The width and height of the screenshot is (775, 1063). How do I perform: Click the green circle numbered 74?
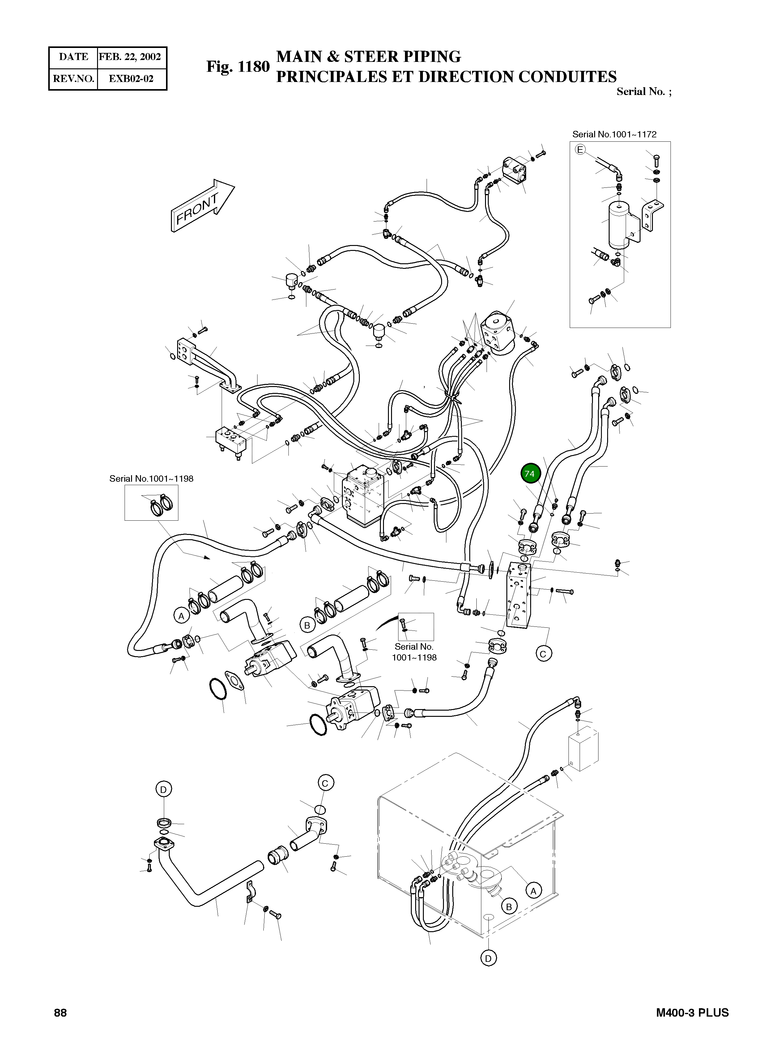coord(529,474)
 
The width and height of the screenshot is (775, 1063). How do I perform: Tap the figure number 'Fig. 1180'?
coord(238,67)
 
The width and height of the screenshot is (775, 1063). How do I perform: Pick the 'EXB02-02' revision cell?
coord(131,78)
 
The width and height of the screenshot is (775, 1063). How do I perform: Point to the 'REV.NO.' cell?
coord(73,78)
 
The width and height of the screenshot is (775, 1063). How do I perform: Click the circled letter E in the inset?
coord(580,150)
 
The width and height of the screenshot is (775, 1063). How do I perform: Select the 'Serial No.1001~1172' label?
coord(614,134)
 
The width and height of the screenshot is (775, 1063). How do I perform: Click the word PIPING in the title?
coord(432,56)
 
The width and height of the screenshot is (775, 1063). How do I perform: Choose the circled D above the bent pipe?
coord(163,789)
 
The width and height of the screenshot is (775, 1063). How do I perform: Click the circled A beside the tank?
coord(533,890)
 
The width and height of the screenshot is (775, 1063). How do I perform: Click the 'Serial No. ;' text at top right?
coord(644,92)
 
